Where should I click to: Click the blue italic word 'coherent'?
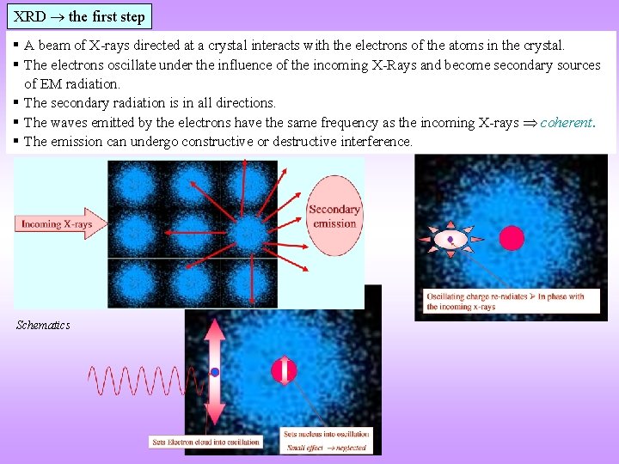566,122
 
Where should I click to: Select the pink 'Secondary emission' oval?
334,217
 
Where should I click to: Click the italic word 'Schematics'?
43,325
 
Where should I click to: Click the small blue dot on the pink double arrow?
215,372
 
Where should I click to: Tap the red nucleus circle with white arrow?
284,370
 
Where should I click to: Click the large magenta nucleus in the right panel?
512,238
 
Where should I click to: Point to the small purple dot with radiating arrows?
450,240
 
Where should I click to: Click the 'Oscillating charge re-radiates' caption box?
506,301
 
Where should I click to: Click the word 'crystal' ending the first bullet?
544,45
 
